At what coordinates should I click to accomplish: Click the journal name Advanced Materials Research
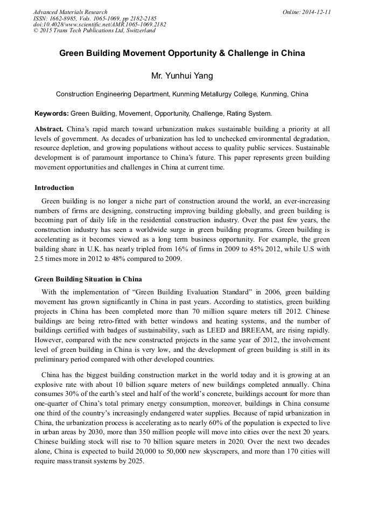point(70,11)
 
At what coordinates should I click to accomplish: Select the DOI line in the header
point(100,24)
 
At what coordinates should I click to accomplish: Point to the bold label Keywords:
point(51,114)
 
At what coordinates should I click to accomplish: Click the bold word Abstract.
point(48,129)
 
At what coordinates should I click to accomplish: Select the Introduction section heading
point(54,188)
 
